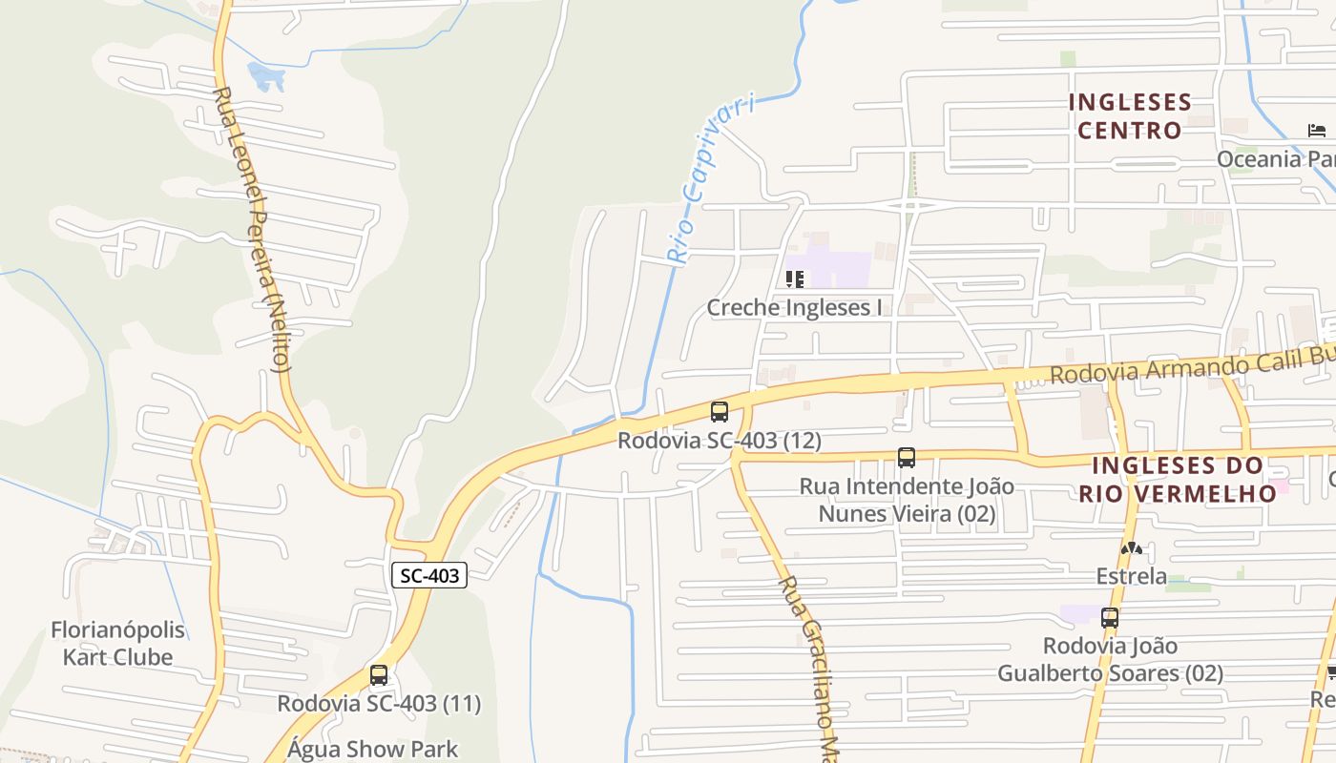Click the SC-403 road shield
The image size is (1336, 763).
point(429,575)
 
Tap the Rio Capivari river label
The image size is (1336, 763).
point(710,178)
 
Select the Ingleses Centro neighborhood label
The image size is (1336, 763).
point(1130,116)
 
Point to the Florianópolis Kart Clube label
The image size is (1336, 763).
point(117,644)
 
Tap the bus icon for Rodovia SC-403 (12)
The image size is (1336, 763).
point(720,412)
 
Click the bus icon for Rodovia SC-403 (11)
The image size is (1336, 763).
point(379,675)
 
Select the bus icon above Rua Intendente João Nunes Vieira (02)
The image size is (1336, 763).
point(906,458)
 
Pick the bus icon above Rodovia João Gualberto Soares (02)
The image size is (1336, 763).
point(1109,618)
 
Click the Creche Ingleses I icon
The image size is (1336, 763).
point(794,279)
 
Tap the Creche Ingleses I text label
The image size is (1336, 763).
point(794,307)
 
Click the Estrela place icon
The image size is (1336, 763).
point(1131,548)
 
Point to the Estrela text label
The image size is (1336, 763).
point(1131,576)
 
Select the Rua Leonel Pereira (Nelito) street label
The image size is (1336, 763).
point(253,229)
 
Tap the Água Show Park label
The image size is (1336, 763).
point(372,750)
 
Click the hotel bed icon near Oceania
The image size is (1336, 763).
point(1317,131)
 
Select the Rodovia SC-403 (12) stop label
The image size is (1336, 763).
point(720,441)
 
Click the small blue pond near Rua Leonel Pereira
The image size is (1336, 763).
point(266,75)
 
